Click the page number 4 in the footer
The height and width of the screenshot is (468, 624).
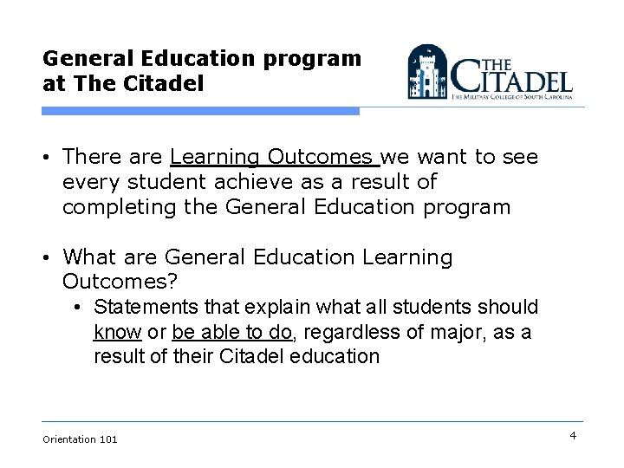573,435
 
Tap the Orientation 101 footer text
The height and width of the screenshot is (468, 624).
80,439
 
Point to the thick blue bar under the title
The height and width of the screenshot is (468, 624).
201,111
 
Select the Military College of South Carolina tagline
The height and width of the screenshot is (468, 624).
511,100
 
